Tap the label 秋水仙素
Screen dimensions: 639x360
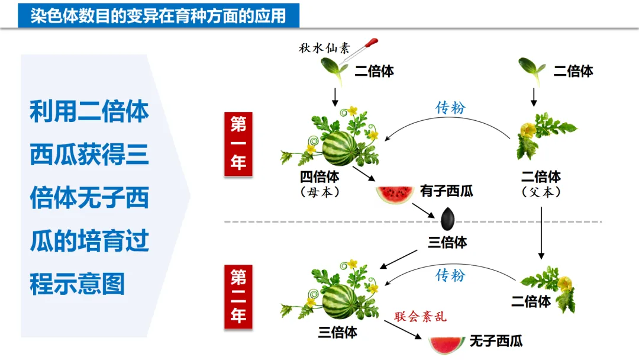coord(322,48)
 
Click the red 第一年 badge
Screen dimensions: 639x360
coord(238,144)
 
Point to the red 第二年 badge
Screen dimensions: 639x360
coord(238,296)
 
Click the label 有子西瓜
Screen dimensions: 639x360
coord(446,191)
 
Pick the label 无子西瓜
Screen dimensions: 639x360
coord(496,341)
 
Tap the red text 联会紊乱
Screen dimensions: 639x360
coord(421,317)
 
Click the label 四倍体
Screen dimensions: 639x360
coord(320,177)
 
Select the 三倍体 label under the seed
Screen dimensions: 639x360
coord(447,242)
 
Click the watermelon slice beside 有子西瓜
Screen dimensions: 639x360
coord(393,194)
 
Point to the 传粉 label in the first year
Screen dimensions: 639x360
coord(451,107)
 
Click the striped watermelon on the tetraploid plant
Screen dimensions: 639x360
coord(338,148)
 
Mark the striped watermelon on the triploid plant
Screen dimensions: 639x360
coord(339,301)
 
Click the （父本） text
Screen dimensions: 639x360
coord(541,192)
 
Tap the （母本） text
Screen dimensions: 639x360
coord(320,192)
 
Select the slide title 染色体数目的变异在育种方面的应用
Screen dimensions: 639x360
coord(159,15)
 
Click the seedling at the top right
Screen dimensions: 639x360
coord(531,70)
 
